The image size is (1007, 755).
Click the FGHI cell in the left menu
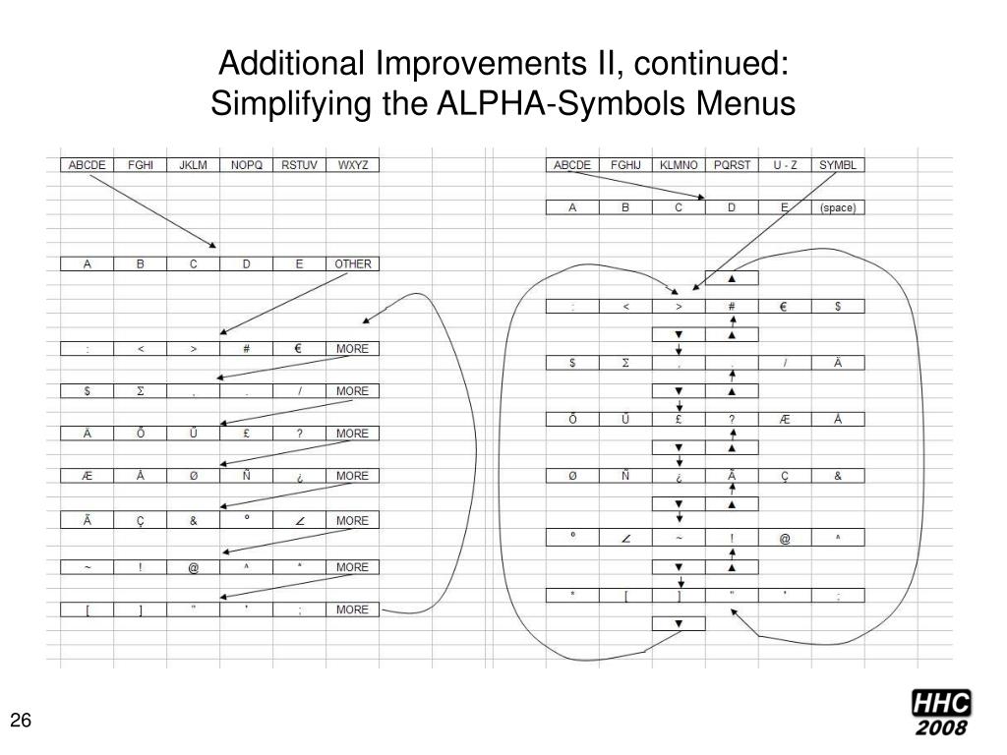point(140,165)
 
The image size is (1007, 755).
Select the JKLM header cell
point(193,165)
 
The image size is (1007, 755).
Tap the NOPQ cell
point(246,165)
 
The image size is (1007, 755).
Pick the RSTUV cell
point(299,165)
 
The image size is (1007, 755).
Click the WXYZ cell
point(352,165)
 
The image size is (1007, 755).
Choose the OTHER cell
point(352,263)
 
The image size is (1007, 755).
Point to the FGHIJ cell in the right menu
point(625,165)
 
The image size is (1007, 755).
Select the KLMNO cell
point(679,165)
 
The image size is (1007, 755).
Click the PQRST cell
point(732,165)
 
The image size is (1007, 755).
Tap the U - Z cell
point(785,165)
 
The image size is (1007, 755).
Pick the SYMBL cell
point(838,165)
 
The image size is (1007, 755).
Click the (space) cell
point(838,207)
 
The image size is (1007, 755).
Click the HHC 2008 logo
point(940,714)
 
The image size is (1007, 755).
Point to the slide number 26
point(23,722)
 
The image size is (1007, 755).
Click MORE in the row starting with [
point(352,610)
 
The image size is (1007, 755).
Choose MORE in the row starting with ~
point(352,567)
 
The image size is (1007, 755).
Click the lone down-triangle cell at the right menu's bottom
point(679,623)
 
